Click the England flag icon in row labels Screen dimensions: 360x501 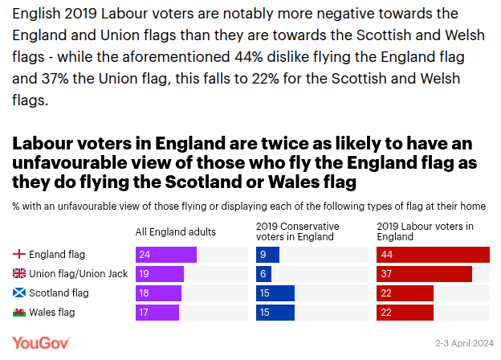(19, 255)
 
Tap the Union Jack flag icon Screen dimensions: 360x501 (19, 274)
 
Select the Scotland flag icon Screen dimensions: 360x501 (19, 293)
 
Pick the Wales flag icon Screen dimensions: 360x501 (19, 313)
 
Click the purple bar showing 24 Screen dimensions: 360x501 (166, 255)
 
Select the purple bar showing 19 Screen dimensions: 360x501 (160, 274)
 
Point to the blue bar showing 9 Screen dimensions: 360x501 (267, 255)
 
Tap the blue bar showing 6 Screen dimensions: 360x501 (263, 274)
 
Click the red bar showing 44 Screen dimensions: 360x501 (433, 255)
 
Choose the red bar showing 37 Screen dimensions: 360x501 (424, 274)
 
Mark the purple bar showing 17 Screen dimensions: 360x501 (157, 313)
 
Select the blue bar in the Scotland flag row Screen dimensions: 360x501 (275, 293)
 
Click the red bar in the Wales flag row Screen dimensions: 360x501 (405, 313)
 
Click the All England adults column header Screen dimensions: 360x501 (176, 232)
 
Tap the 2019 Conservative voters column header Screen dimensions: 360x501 (297, 231)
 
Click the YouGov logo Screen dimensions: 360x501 (41, 343)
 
